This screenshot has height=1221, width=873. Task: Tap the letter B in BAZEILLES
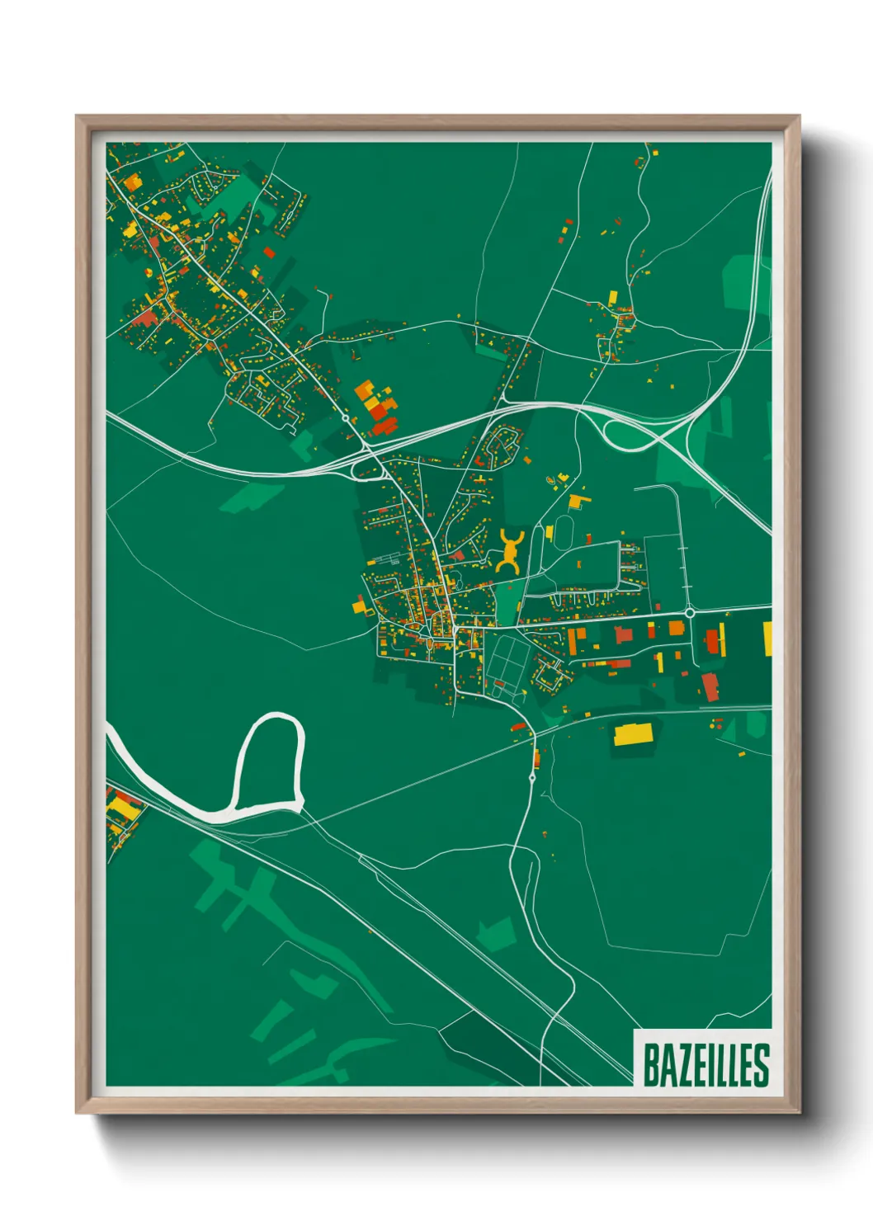[x=650, y=1065]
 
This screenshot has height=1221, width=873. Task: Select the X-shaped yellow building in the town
[x=510, y=552]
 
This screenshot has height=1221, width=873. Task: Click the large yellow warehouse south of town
[x=633, y=733]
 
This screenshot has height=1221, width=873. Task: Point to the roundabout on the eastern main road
[x=689, y=613]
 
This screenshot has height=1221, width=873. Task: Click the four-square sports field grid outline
[x=507, y=659]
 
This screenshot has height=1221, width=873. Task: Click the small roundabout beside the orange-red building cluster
[x=346, y=418]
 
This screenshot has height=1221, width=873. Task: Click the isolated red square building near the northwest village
[x=269, y=252]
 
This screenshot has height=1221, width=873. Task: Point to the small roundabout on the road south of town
[x=532, y=777]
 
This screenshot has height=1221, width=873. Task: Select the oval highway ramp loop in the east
[x=631, y=435]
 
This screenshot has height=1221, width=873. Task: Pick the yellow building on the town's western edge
[x=359, y=606]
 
